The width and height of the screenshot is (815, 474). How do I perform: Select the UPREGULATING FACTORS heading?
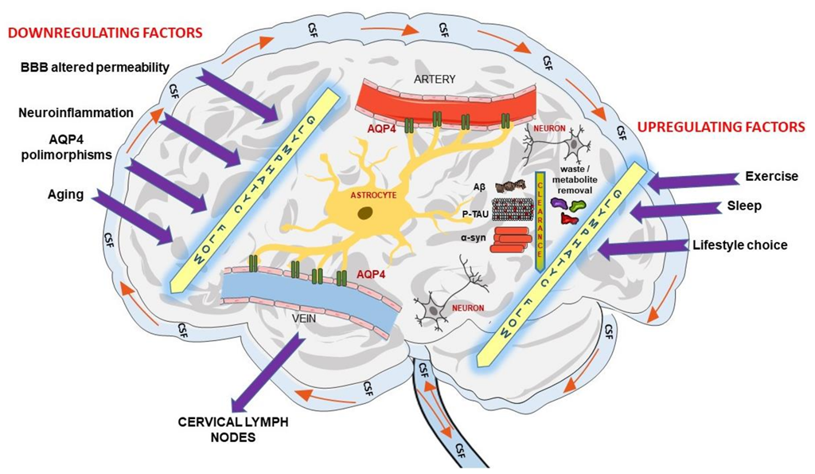click(720, 127)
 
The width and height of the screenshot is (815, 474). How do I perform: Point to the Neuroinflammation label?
click(76, 113)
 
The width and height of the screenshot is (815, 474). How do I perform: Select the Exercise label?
click(771, 176)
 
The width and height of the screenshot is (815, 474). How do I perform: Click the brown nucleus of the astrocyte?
click(365, 213)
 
